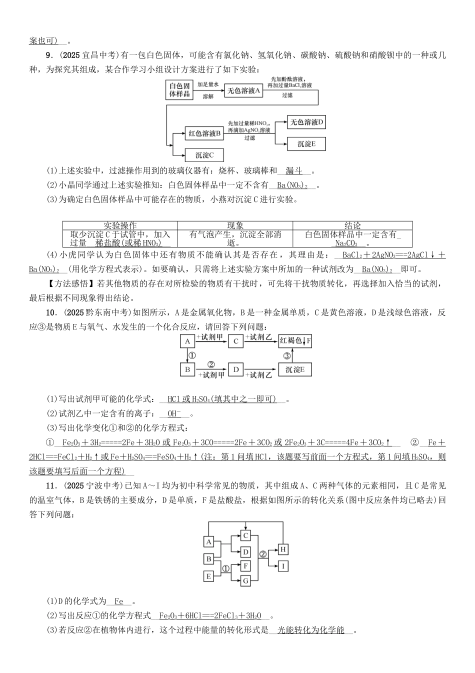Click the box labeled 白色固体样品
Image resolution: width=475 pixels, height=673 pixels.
pos(179,90)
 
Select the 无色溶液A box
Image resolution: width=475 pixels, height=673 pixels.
pos(244,90)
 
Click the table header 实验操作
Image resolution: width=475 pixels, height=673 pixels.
pos(120,225)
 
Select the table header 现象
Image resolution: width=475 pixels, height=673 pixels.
pos(235,225)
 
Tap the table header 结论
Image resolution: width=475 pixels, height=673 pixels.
pos(352,225)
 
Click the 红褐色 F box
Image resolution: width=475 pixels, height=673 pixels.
pos(295,341)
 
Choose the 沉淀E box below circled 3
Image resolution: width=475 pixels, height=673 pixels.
pos(295,370)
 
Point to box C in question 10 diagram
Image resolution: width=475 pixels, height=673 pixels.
pos(235,341)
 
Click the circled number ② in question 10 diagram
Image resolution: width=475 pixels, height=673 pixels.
pos(210,364)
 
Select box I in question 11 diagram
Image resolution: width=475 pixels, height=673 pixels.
pos(282,566)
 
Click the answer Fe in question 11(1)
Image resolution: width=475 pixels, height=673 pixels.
pos(119,601)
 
